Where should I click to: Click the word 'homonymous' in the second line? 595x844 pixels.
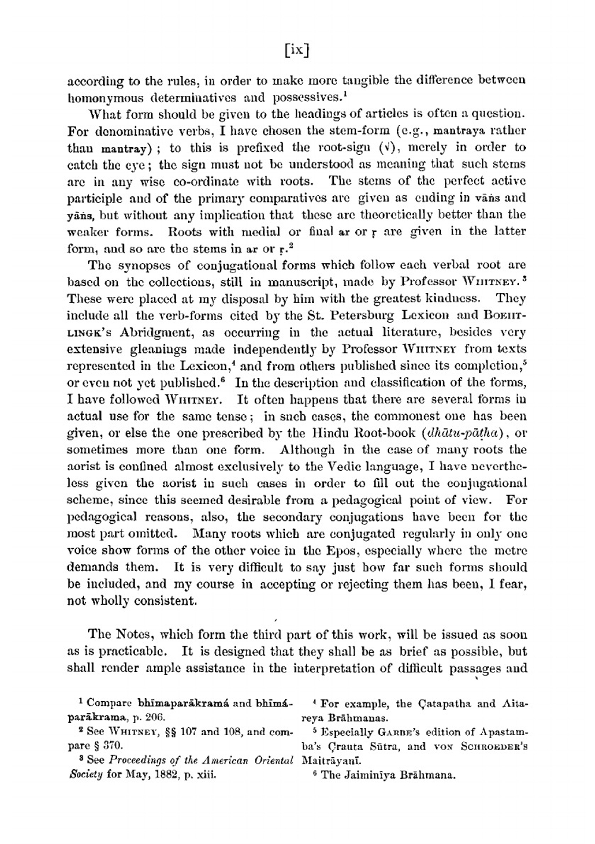coord(104,97)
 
